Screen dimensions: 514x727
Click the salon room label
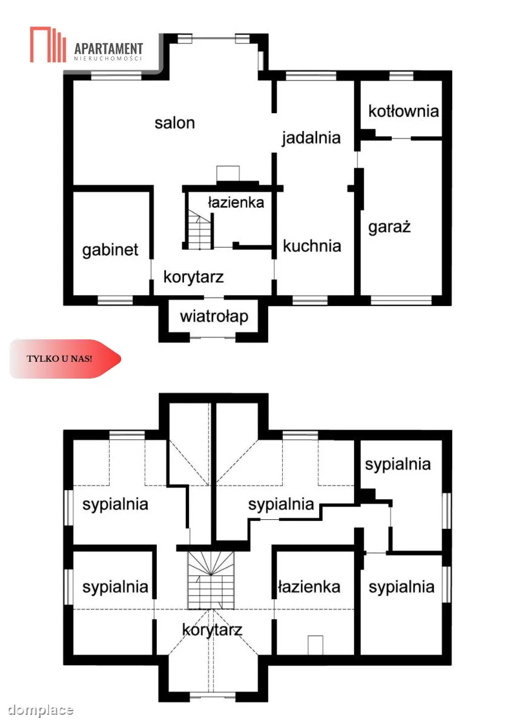pos(174,124)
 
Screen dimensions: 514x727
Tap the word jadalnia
pos(311,138)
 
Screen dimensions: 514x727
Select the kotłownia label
pos(403,111)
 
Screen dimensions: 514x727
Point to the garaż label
pos(389,227)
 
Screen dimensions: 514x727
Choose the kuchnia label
pos(312,246)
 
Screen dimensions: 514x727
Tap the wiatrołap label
pos(214,316)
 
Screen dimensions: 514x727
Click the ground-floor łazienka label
pos(236,202)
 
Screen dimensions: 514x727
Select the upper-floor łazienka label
pos(309,587)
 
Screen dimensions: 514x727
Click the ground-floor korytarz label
pos(194,277)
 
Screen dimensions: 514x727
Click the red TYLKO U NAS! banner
pos(65,359)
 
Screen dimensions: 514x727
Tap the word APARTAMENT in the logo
pos(108,48)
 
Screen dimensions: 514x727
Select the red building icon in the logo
pos(48,44)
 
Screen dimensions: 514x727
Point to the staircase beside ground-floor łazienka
pos(199,230)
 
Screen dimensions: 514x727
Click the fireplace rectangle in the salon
pos(228,174)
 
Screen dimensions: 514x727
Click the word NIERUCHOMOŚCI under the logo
pos(108,59)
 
